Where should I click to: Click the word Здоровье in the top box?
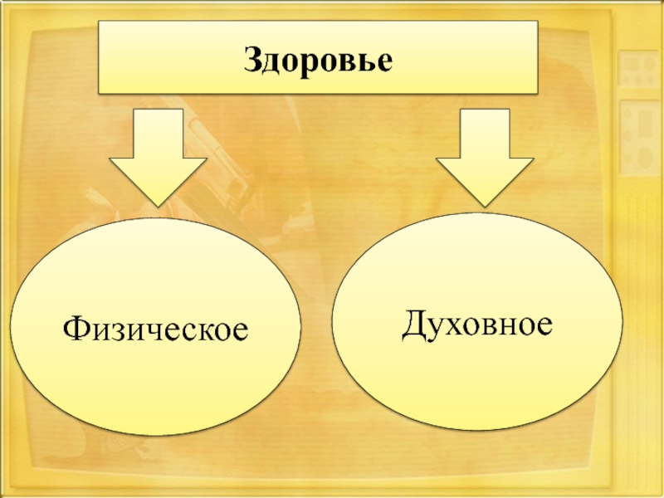[316, 59]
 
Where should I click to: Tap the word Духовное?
[477, 322]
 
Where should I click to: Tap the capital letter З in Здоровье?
[251, 59]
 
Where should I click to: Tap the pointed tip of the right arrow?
[486, 203]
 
